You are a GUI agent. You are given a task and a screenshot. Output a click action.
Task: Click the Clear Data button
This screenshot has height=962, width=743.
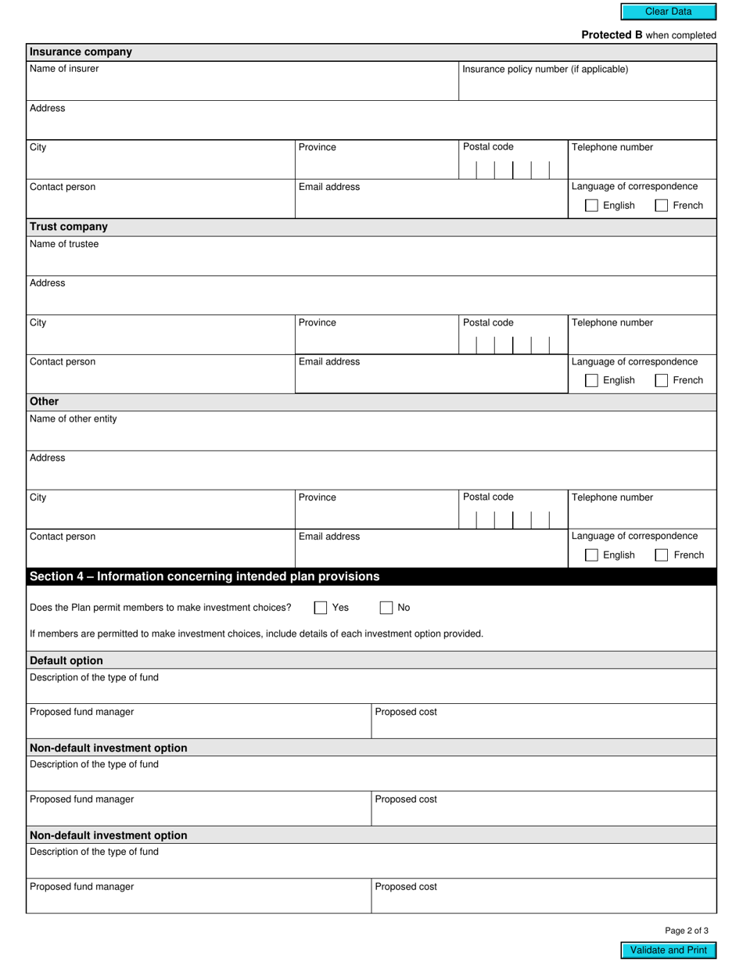coord(668,12)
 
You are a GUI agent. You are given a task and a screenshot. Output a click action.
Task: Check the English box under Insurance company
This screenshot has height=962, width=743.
coord(592,206)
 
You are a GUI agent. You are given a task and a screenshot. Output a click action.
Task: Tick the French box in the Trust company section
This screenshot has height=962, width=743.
coord(662,381)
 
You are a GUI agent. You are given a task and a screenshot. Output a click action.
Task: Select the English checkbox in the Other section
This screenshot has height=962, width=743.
coord(592,555)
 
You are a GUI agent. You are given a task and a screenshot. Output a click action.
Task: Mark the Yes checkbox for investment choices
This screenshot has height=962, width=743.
coord(321,608)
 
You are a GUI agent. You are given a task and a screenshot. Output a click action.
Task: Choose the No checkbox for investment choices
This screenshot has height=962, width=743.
coord(386,608)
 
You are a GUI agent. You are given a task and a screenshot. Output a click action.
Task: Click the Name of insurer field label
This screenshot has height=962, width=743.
coord(64,69)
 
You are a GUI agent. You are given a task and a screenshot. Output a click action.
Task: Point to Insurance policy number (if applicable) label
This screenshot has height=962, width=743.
coord(545,69)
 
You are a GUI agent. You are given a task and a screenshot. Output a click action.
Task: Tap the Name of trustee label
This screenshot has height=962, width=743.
coord(64,244)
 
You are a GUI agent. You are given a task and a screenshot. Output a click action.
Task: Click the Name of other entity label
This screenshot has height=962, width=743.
coord(74,419)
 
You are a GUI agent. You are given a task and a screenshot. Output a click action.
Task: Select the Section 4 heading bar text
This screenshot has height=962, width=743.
coord(204,576)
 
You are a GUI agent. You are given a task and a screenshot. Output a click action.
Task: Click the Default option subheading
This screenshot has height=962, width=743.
coord(66,660)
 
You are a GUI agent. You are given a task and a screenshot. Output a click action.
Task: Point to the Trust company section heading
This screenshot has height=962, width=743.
coord(69,227)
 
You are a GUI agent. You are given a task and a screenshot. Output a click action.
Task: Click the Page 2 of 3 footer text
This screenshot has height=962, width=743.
coord(687,931)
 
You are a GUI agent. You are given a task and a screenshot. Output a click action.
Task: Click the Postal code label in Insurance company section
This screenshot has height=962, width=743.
coord(488,147)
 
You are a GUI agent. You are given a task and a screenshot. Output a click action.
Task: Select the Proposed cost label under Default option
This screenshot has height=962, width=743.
coord(406,713)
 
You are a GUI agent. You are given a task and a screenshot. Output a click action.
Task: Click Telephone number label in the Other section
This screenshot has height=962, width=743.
coord(612,497)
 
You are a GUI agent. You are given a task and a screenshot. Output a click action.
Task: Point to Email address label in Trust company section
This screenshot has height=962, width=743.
coord(329,362)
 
